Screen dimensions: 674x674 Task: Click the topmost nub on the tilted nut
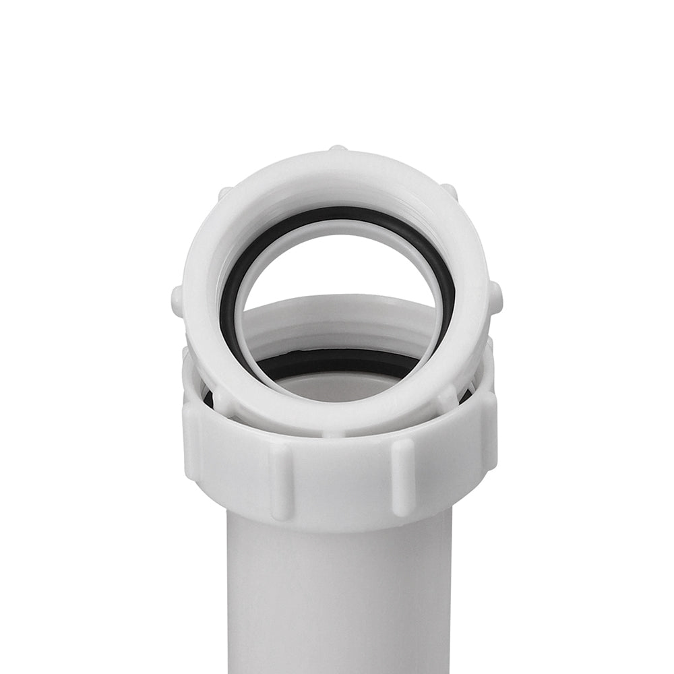337,148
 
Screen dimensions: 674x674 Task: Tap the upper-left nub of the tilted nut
225,193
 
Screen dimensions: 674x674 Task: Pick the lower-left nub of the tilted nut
222,402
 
